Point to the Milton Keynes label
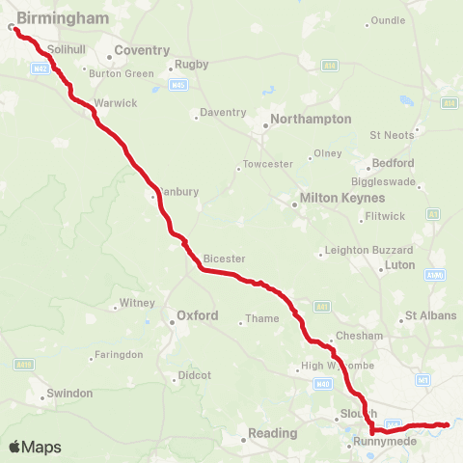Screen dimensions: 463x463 pyautogui.click(x=331, y=198)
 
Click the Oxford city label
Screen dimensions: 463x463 pyautogui.click(x=197, y=315)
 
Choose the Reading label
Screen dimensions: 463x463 pyautogui.click(x=272, y=433)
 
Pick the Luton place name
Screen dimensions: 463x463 pyautogui.click(x=399, y=264)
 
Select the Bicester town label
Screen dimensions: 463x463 pyautogui.click(x=225, y=259)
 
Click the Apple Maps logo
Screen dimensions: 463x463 pyautogui.click(x=35, y=448)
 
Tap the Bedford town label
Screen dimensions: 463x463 pyautogui.click(x=397, y=163)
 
